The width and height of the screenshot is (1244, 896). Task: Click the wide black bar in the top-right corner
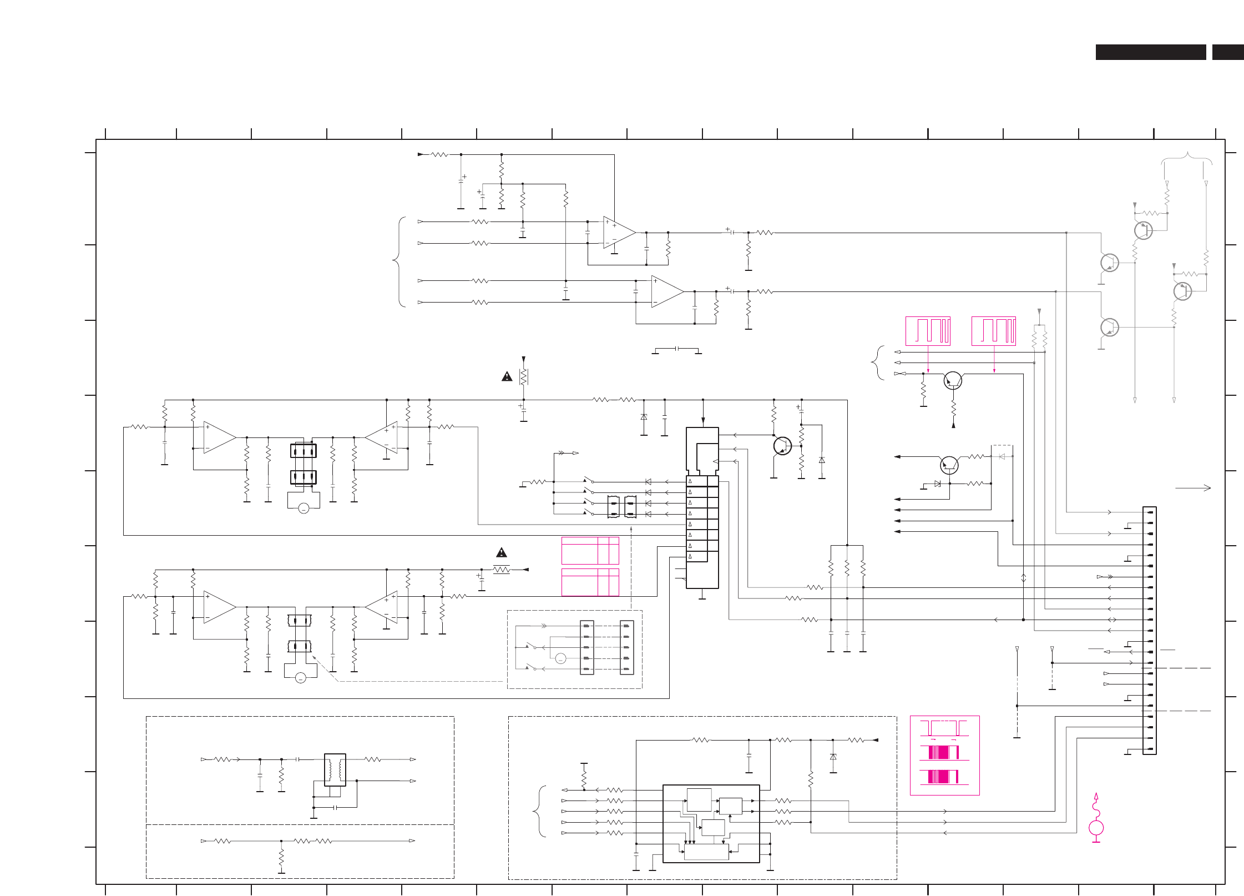click(x=1150, y=52)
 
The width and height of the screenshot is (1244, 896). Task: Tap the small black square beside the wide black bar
click(x=1227, y=52)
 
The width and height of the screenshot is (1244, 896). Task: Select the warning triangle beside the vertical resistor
click(x=507, y=377)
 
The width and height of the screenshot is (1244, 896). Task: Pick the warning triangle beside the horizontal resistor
click(x=502, y=553)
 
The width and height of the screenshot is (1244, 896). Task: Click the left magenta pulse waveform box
click(x=928, y=331)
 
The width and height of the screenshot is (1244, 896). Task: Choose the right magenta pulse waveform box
click(x=993, y=331)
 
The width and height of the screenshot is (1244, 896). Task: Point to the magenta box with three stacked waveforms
click(x=944, y=755)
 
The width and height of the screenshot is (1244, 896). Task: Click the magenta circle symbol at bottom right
click(x=1096, y=828)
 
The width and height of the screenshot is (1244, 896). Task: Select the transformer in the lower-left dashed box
click(x=335, y=769)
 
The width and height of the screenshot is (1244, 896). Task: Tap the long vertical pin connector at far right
click(x=1149, y=630)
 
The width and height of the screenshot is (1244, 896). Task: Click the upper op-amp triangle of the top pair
click(x=619, y=233)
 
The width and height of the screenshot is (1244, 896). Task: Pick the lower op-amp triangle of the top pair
click(x=667, y=291)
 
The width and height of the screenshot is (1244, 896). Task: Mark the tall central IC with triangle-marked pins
click(x=702, y=507)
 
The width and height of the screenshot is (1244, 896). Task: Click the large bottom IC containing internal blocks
click(x=711, y=823)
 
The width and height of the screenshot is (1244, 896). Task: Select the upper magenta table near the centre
click(x=590, y=550)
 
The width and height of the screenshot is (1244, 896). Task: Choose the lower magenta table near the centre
click(x=590, y=582)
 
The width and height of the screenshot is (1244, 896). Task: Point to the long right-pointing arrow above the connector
click(x=1193, y=488)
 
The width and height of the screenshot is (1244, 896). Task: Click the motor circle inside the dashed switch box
click(x=560, y=659)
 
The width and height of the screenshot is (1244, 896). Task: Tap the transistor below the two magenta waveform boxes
click(x=953, y=381)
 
